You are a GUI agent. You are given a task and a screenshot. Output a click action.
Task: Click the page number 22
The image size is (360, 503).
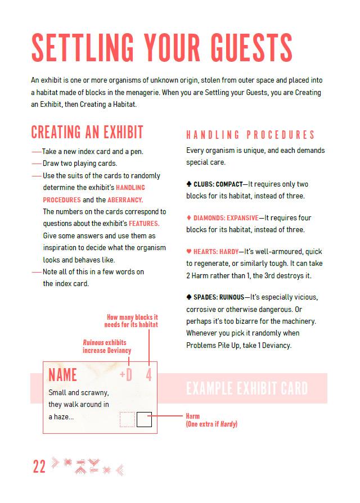pyautogui.click(x=39, y=466)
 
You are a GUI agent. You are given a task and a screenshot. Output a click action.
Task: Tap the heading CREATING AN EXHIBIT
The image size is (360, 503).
pyautogui.click(x=87, y=132)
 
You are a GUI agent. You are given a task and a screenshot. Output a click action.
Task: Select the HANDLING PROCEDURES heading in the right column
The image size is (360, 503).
pyautogui.click(x=250, y=135)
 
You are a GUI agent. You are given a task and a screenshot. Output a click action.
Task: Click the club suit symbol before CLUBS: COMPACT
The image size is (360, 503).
pyautogui.click(x=189, y=184)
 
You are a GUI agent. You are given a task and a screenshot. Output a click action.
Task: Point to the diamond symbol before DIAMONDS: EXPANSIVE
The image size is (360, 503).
pyautogui.click(x=189, y=218)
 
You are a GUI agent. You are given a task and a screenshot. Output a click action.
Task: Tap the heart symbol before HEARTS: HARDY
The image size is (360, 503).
pyautogui.click(x=189, y=252)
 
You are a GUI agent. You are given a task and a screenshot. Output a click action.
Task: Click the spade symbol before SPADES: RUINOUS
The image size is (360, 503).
pyautogui.click(x=189, y=297)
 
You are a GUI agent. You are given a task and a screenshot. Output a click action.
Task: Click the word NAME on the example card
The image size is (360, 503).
pyautogui.click(x=62, y=375)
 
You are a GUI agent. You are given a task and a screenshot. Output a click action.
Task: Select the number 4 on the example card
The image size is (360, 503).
pyautogui.click(x=149, y=375)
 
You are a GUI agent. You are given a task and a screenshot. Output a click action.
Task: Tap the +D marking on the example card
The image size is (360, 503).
pyautogui.click(x=126, y=375)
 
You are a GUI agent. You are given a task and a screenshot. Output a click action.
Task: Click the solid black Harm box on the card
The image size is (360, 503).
pyautogui.click(x=144, y=419)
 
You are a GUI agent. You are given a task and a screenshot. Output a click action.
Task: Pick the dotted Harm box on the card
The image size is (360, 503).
pyautogui.click(x=128, y=419)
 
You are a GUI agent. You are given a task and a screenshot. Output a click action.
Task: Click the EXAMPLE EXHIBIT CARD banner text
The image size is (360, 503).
pyautogui.click(x=247, y=388)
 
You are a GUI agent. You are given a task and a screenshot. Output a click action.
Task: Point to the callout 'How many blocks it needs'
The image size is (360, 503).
pyautogui.click(x=132, y=321)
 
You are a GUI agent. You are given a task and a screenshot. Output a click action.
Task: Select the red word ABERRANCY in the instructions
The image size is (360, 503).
pyautogui.click(x=122, y=200)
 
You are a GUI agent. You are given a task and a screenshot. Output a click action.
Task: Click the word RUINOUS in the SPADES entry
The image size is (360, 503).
pyautogui.click(x=232, y=297)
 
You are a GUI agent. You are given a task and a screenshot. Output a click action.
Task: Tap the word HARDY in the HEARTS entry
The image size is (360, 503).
pyautogui.click(x=229, y=252)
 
